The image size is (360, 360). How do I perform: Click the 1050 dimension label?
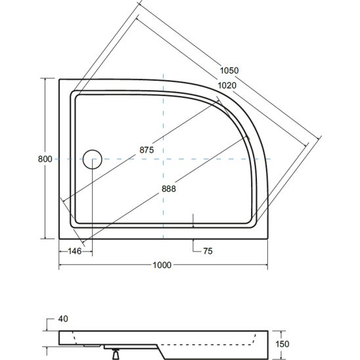[229, 70]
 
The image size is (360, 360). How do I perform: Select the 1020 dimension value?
[227, 85]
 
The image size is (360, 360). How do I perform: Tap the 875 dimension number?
[146, 150]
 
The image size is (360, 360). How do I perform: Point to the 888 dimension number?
[169, 189]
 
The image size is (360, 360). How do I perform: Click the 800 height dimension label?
[45, 159]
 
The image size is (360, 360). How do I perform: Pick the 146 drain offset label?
[75, 251]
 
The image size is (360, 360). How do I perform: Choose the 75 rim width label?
[208, 251]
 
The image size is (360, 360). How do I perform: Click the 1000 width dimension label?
[162, 265]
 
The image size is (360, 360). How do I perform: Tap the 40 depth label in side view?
[63, 319]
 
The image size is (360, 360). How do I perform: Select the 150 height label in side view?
[282, 344]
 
